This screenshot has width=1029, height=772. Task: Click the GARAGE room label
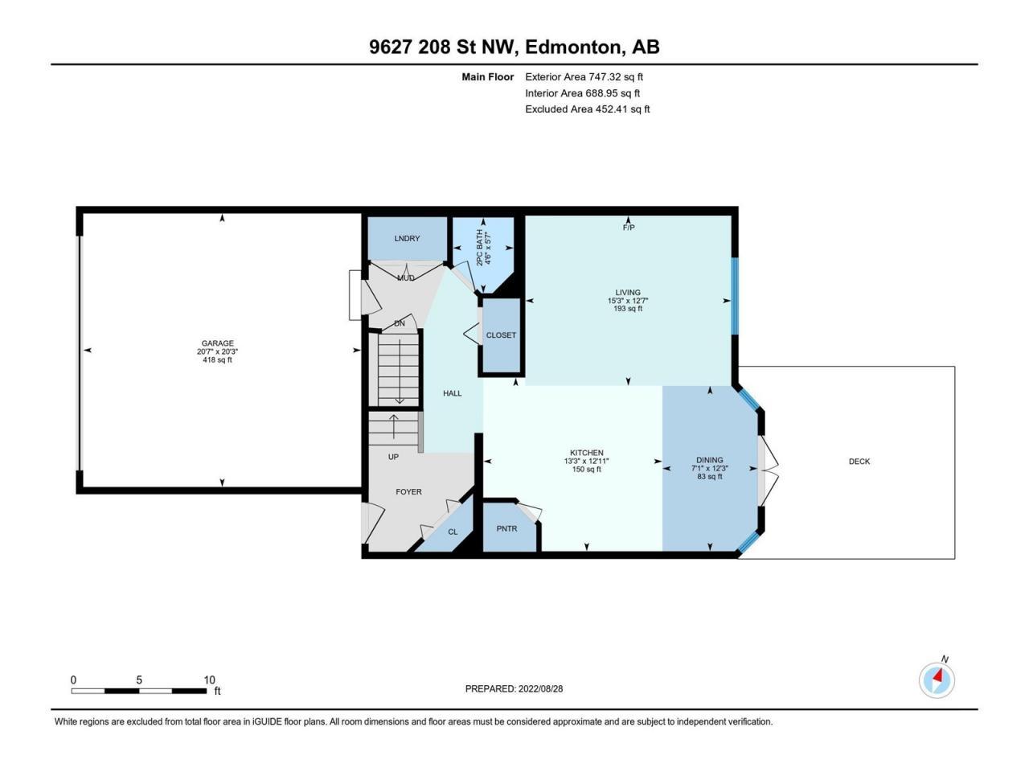pyautogui.click(x=218, y=343)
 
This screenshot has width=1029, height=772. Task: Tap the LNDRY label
pyautogui.click(x=407, y=239)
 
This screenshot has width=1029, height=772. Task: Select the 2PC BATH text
pyautogui.click(x=480, y=248)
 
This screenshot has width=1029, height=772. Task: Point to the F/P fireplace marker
pyautogui.click(x=629, y=228)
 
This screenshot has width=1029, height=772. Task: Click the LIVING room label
pyautogui.click(x=628, y=293)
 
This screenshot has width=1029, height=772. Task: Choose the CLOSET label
pyautogui.click(x=501, y=335)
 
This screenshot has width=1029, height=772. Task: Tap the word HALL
pyautogui.click(x=453, y=393)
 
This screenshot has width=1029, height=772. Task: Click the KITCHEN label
pyautogui.click(x=587, y=453)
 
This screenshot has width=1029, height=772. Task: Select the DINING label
pyautogui.click(x=710, y=460)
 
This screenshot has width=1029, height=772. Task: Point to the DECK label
pyautogui.click(x=859, y=462)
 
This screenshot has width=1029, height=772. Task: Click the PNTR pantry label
pyautogui.click(x=506, y=528)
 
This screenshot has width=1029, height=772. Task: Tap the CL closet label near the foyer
pyautogui.click(x=453, y=532)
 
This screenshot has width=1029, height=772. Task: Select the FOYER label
pyautogui.click(x=409, y=491)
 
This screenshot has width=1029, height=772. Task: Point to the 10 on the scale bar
pyautogui.click(x=210, y=680)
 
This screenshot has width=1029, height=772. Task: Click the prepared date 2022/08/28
pyautogui.click(x=540, y=689)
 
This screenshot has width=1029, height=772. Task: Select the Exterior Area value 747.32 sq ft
pyautogui.click(x=616, y=77)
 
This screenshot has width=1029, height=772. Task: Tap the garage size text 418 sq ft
pyautogui.click(x=217, y=360)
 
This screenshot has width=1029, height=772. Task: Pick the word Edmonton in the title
pyautogui.click(x=574, y=47)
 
